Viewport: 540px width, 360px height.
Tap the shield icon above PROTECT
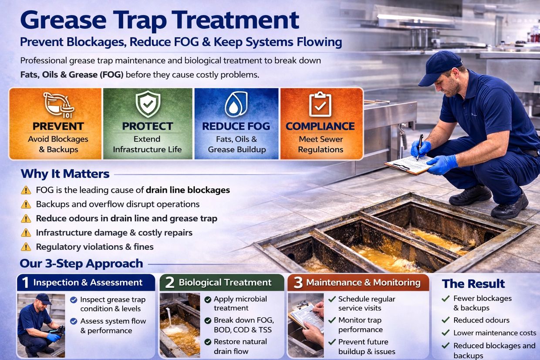(x=148, y=104)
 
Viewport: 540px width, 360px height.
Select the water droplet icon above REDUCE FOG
(x=236, y=104)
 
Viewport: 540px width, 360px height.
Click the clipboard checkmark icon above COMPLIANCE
(x=320, y=104)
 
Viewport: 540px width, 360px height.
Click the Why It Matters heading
(x=65, y=174)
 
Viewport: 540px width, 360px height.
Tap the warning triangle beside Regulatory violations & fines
(x=26, y=247)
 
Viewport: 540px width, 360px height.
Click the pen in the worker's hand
(x=420, y=147)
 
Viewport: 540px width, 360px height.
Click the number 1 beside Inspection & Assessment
(x=25, y=283)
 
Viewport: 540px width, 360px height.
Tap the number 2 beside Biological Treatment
(x=169, y=283)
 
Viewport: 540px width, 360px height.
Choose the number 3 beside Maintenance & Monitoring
(x=298, y=283)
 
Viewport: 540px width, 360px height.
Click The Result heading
(x=473, y=284)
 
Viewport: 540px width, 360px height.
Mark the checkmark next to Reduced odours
(x=445, y=320)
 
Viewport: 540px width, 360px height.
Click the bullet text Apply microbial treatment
(x=240, y=303)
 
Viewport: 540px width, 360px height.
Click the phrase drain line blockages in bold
(x=188, y=190)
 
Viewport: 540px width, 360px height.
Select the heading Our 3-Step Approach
(x=81, y=263)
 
